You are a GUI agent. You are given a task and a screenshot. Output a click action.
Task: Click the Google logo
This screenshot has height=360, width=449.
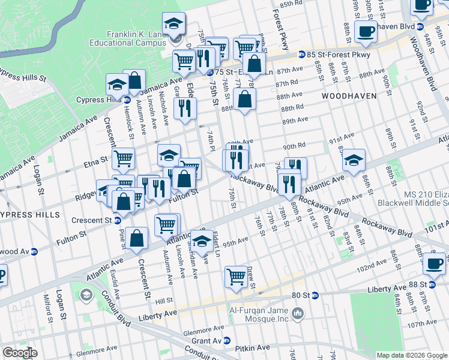coord(19,353)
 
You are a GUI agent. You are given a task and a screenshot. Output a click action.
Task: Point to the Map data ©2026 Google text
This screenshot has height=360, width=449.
coord(412,355)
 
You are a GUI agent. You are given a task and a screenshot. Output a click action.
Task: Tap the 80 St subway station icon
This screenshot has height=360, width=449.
coord(316,295)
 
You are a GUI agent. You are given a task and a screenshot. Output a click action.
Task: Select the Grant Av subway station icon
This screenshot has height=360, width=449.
coord(227,340)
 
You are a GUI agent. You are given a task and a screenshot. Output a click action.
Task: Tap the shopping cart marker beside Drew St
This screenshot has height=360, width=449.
coord(236,277)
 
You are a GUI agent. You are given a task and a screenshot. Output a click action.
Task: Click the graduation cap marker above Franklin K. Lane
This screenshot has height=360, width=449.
coord(173,24)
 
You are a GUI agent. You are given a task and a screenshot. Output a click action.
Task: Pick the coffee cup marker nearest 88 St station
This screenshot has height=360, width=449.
coord(434,262)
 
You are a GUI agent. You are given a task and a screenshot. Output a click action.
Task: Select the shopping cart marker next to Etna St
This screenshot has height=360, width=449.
coord(123,159)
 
